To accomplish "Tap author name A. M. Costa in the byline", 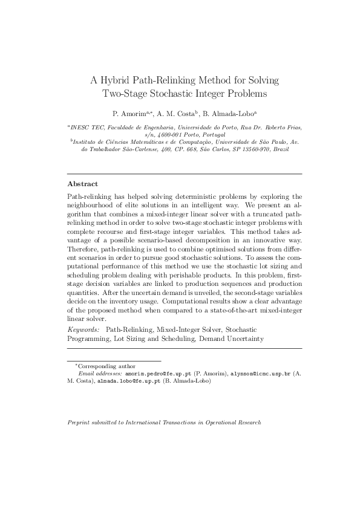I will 178,113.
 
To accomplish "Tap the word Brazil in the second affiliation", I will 280,149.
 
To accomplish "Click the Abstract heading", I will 82,183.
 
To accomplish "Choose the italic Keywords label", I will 84,330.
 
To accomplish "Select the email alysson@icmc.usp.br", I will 260,374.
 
